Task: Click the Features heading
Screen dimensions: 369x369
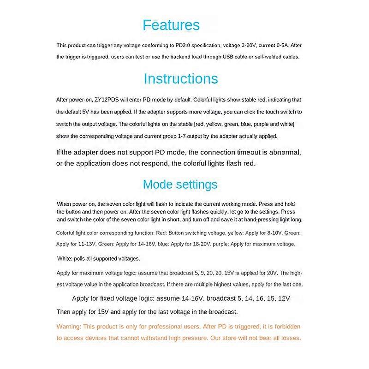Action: (171, 25)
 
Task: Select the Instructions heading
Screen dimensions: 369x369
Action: (181, 78)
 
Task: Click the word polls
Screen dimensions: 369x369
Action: (82, 258)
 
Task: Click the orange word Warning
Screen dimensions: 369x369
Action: (69, 327)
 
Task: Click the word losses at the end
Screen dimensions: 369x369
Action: (291, 338)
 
